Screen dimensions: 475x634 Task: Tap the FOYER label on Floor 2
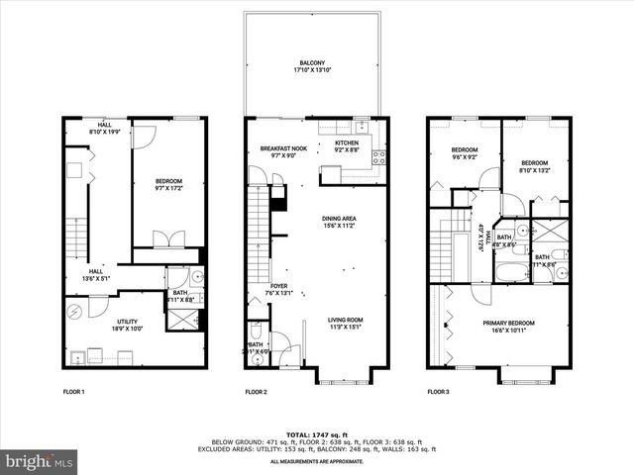[x=278, y=289]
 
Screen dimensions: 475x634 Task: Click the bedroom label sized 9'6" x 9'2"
[x=465, y=153]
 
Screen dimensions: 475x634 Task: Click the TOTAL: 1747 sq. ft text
[x=317, y=435]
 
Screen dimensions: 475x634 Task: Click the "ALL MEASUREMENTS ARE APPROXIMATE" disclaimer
[x=317, y=461]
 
